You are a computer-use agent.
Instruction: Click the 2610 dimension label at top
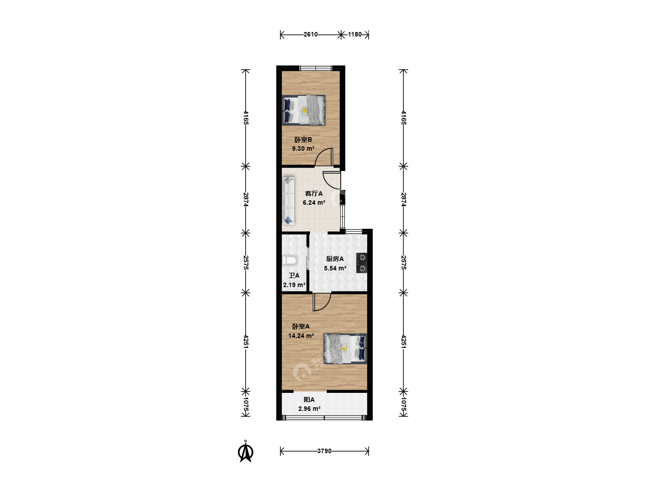click(x=311, y=35)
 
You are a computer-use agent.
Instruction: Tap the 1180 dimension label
click(x=355, y=35)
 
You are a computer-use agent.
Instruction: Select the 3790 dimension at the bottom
click(x=324, y=451)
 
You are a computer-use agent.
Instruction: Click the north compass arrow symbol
click(x=246, y=451)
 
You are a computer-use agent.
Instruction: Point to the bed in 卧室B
click(x=304, y=110)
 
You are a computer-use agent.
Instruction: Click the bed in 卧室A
click(x=345, y=348)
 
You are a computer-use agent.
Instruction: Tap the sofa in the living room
click(x=288, y=201)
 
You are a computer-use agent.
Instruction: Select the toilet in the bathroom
click(x=290, y=261)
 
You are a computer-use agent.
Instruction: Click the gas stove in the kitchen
click(x=362, y=263)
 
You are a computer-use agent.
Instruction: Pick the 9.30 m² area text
click(x=303, y=148)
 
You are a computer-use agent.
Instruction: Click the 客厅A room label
click(x=314, y=193)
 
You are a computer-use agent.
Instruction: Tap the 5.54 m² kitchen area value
click(x=335, y=268)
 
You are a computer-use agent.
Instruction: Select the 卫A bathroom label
click(x=294, y=275)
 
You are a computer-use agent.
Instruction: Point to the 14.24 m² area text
click(x=301, y=336)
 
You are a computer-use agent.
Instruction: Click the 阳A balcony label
click(x=309, y=400)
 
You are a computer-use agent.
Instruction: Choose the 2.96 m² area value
click(x=309, y=409)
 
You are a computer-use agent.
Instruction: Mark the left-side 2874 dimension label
click(x=246, y=199)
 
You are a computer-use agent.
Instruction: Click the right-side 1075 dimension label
click(x=403, y=404)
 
